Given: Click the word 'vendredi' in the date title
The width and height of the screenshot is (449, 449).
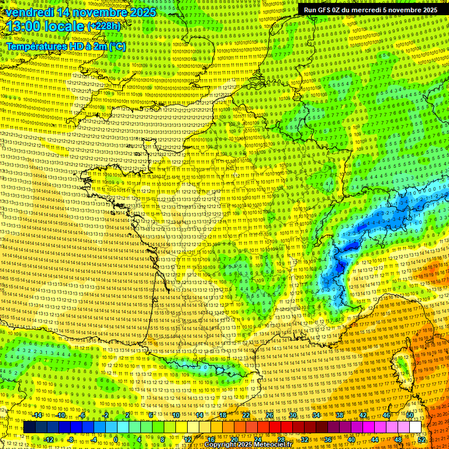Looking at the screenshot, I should [30, 12].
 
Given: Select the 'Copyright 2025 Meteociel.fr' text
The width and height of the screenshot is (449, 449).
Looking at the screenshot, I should [248, 445].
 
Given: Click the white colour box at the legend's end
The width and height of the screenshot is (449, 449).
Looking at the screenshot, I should [415, 427].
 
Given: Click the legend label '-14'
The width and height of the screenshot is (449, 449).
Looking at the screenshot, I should [37, 415].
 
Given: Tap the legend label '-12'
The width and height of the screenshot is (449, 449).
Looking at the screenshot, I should [49, 439].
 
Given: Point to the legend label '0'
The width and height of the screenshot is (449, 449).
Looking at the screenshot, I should [116, 439].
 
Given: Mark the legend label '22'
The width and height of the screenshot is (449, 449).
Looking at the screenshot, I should [246, 415].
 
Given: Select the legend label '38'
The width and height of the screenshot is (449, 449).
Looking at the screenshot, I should [339, 415].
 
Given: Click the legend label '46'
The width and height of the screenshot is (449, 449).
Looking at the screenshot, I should [386, 415].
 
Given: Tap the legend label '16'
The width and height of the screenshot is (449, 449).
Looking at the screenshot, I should [211, 439].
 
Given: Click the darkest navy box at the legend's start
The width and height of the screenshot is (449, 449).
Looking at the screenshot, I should [29, 427].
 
